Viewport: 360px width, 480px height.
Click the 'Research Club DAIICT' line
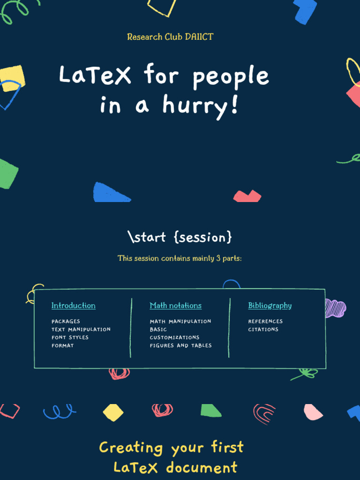[170, 37]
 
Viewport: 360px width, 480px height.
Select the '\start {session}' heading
[180, 237]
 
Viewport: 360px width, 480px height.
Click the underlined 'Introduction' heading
[74, 306]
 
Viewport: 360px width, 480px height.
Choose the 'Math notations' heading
[176, 306]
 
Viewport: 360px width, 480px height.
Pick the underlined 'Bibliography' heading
[270, 306]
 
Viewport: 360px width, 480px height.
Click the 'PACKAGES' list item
[66, 322]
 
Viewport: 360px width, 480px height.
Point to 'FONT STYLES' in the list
[70, 337]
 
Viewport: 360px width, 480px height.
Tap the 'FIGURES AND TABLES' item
[181, 345]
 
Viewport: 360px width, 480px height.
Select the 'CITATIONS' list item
[263, 330]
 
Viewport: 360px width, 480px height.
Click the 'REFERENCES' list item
[265, 322]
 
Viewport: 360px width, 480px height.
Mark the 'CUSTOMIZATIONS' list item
[174, 337]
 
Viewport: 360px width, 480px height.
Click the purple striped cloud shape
[335, 308]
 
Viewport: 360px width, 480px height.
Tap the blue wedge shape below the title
[110, 193]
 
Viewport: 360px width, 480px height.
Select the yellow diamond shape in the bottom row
[113, 412]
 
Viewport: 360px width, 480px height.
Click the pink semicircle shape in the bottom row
[313, 412]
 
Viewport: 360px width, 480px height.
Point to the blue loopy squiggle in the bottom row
[59, 412]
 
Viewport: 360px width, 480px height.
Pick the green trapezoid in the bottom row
[210, 411]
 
